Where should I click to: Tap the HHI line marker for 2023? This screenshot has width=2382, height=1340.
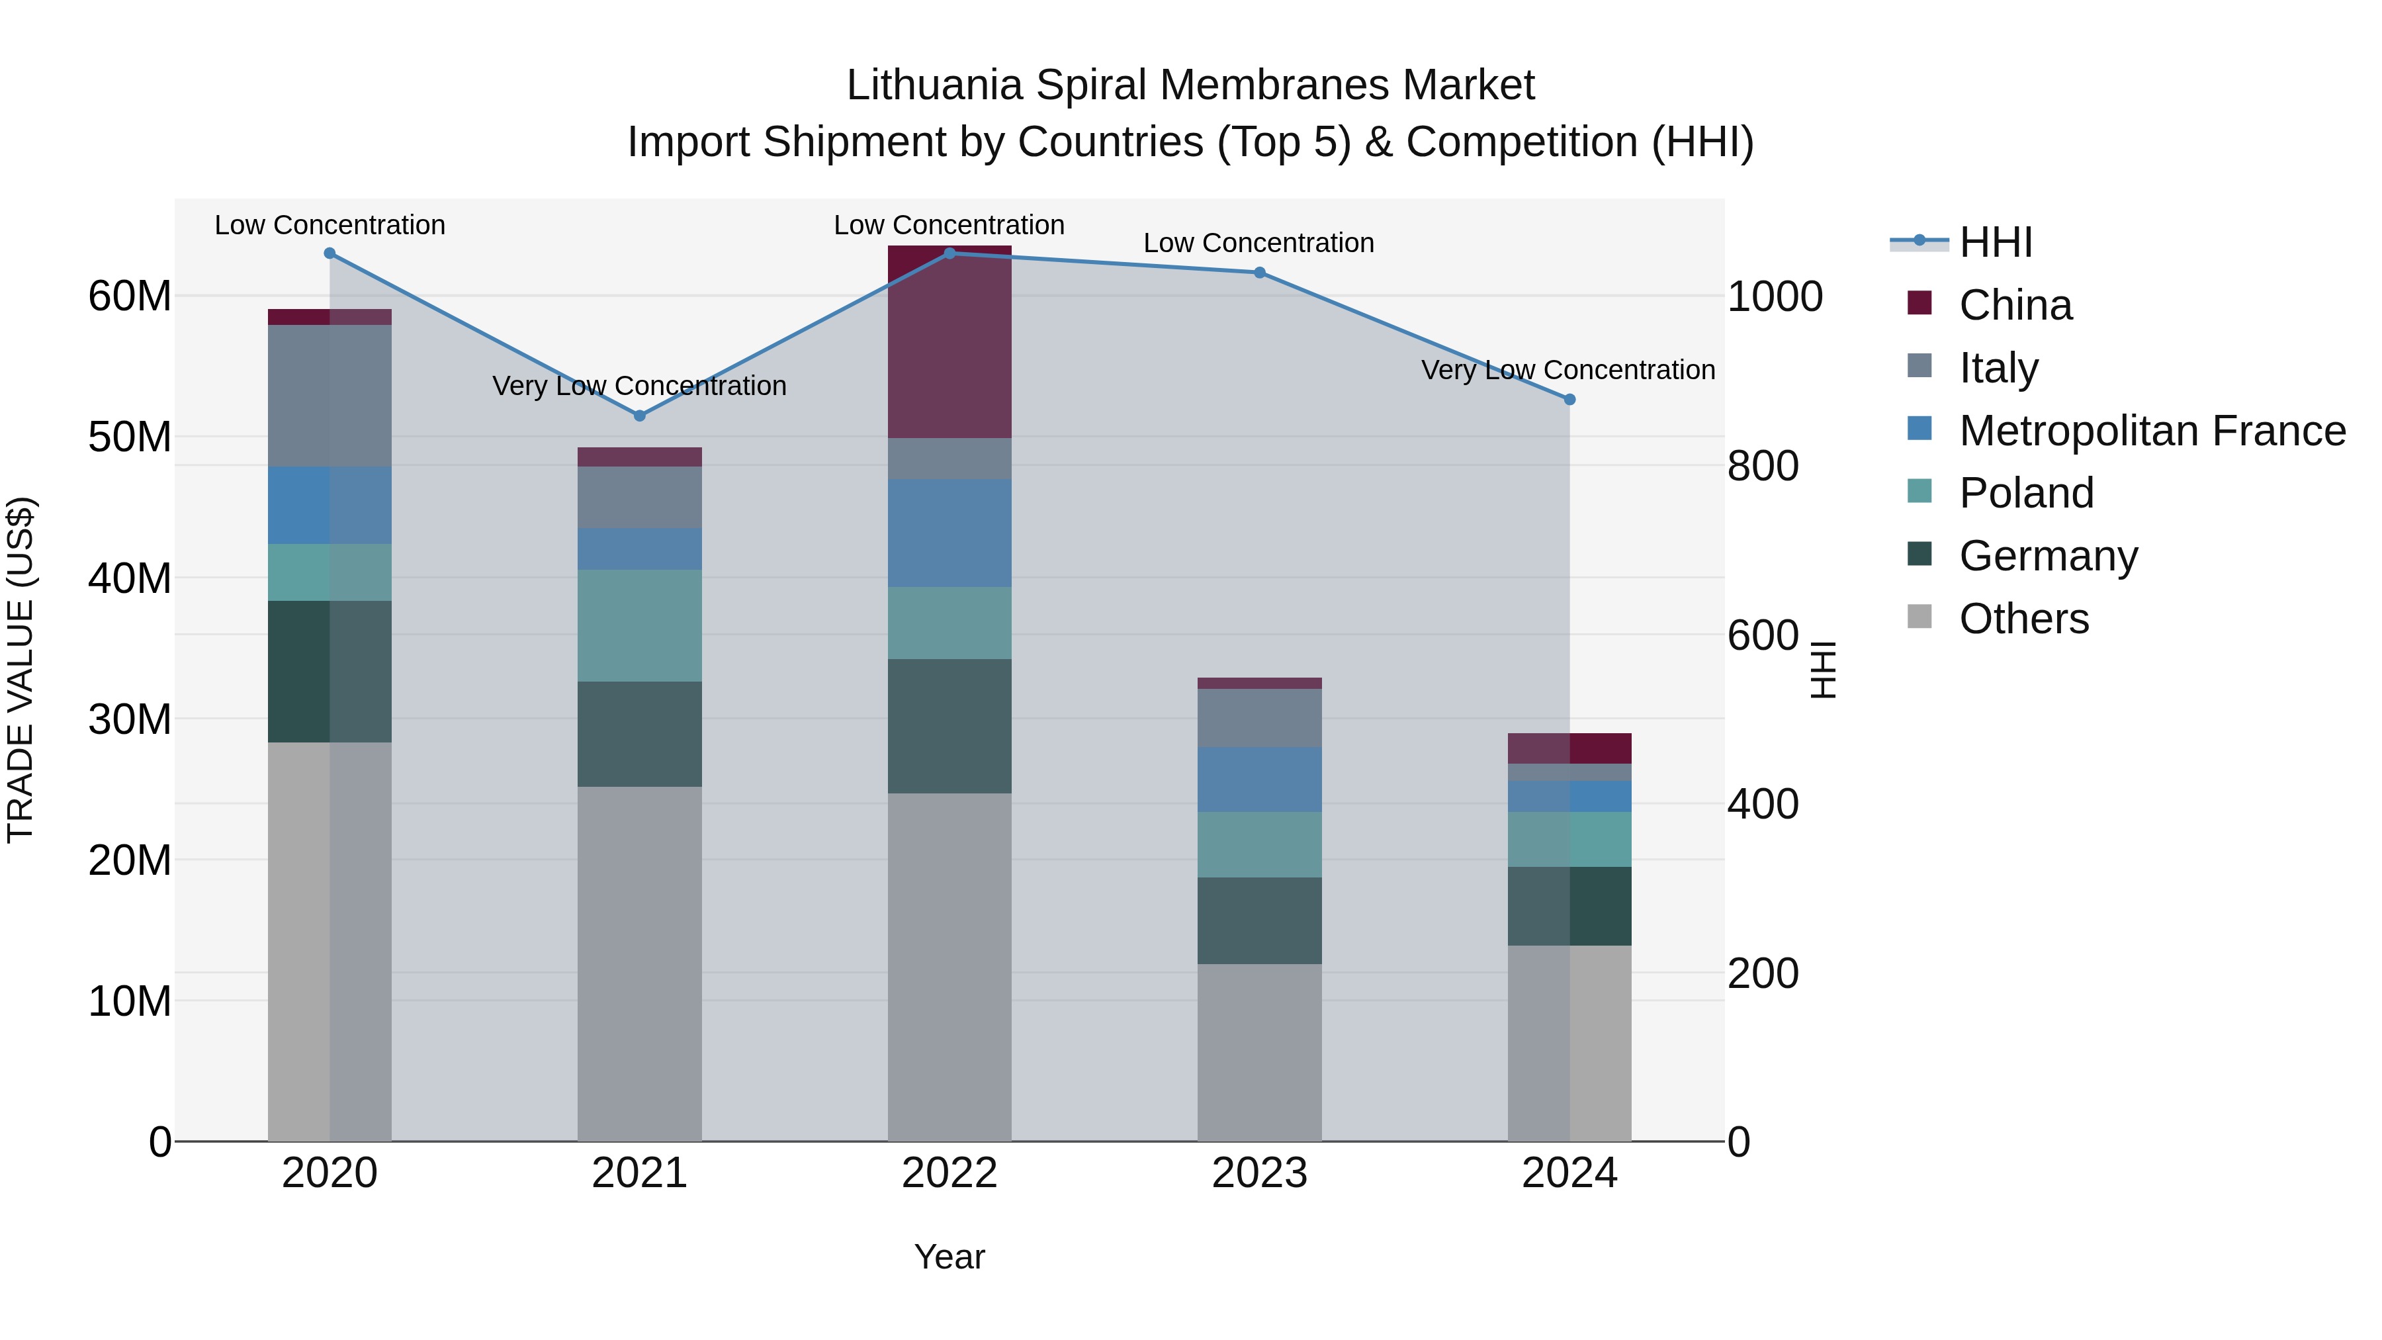(1259, 273)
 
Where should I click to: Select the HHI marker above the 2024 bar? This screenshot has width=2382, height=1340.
(1569, 400)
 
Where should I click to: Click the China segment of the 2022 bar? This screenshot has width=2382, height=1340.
(949, 342)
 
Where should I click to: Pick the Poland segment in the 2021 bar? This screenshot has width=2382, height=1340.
(639, 625)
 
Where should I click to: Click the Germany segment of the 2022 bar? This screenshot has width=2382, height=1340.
(949, 726)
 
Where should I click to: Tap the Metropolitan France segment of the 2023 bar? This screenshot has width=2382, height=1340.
(1259, 780)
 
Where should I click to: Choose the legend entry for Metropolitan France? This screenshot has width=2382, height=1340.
(2152, 430)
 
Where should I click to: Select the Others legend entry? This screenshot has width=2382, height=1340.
(2023, 618)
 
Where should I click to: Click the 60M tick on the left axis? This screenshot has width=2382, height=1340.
(130, 297)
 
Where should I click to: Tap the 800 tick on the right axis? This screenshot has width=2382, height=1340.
(1763, 465)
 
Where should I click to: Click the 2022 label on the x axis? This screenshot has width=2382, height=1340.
(949, 1173)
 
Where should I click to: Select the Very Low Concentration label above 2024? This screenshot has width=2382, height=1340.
(1567, 370)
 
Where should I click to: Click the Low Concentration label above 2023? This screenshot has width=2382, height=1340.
(1258, 244)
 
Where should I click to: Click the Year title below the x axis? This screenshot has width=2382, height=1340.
(949, 1257)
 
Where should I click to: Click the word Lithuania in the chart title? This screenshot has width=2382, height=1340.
(934, 85)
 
